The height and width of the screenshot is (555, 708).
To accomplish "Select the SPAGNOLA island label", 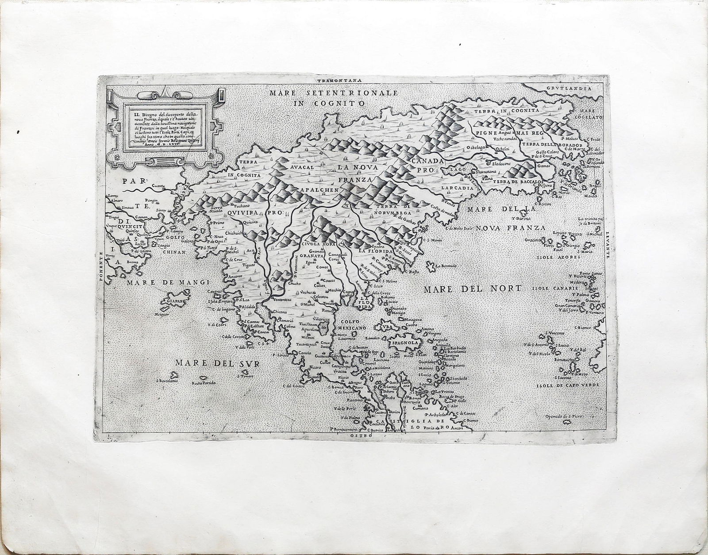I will (x=402, y=342).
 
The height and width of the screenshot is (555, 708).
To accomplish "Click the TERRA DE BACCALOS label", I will (x=518, y=182).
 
